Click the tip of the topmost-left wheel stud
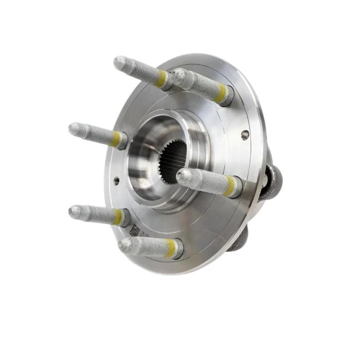coord(119,63)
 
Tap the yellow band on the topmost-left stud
coord(163,78)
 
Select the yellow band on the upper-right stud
coord(222,93)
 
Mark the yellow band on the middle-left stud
coord(117,138)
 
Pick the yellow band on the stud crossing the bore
coord(230,186)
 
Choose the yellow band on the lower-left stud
coord(119,217)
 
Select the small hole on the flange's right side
coord(245,135)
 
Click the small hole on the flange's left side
coord(117,181)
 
